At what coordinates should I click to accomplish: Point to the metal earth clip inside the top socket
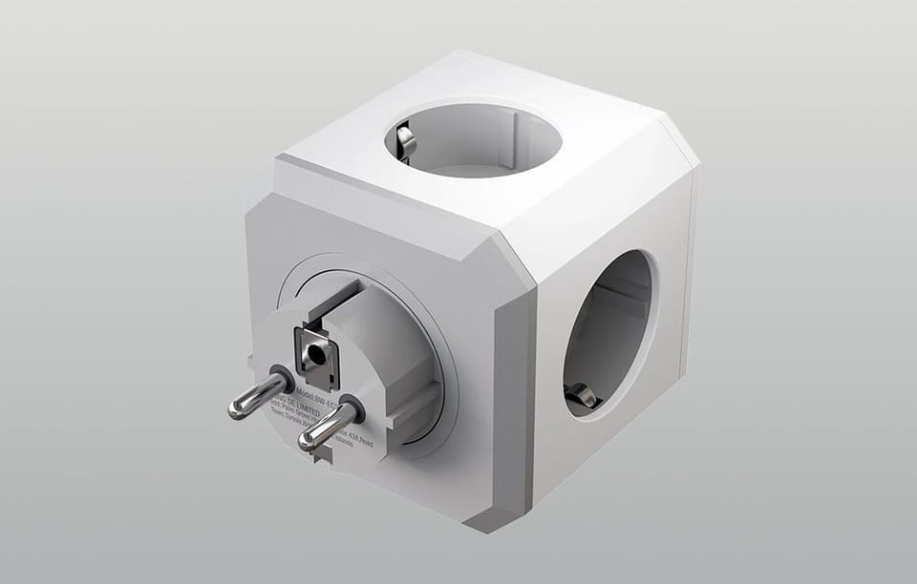pyautogui.click(x=405, y=141)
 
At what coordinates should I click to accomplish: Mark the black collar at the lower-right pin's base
pyautogui.click(x=350, y=407)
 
